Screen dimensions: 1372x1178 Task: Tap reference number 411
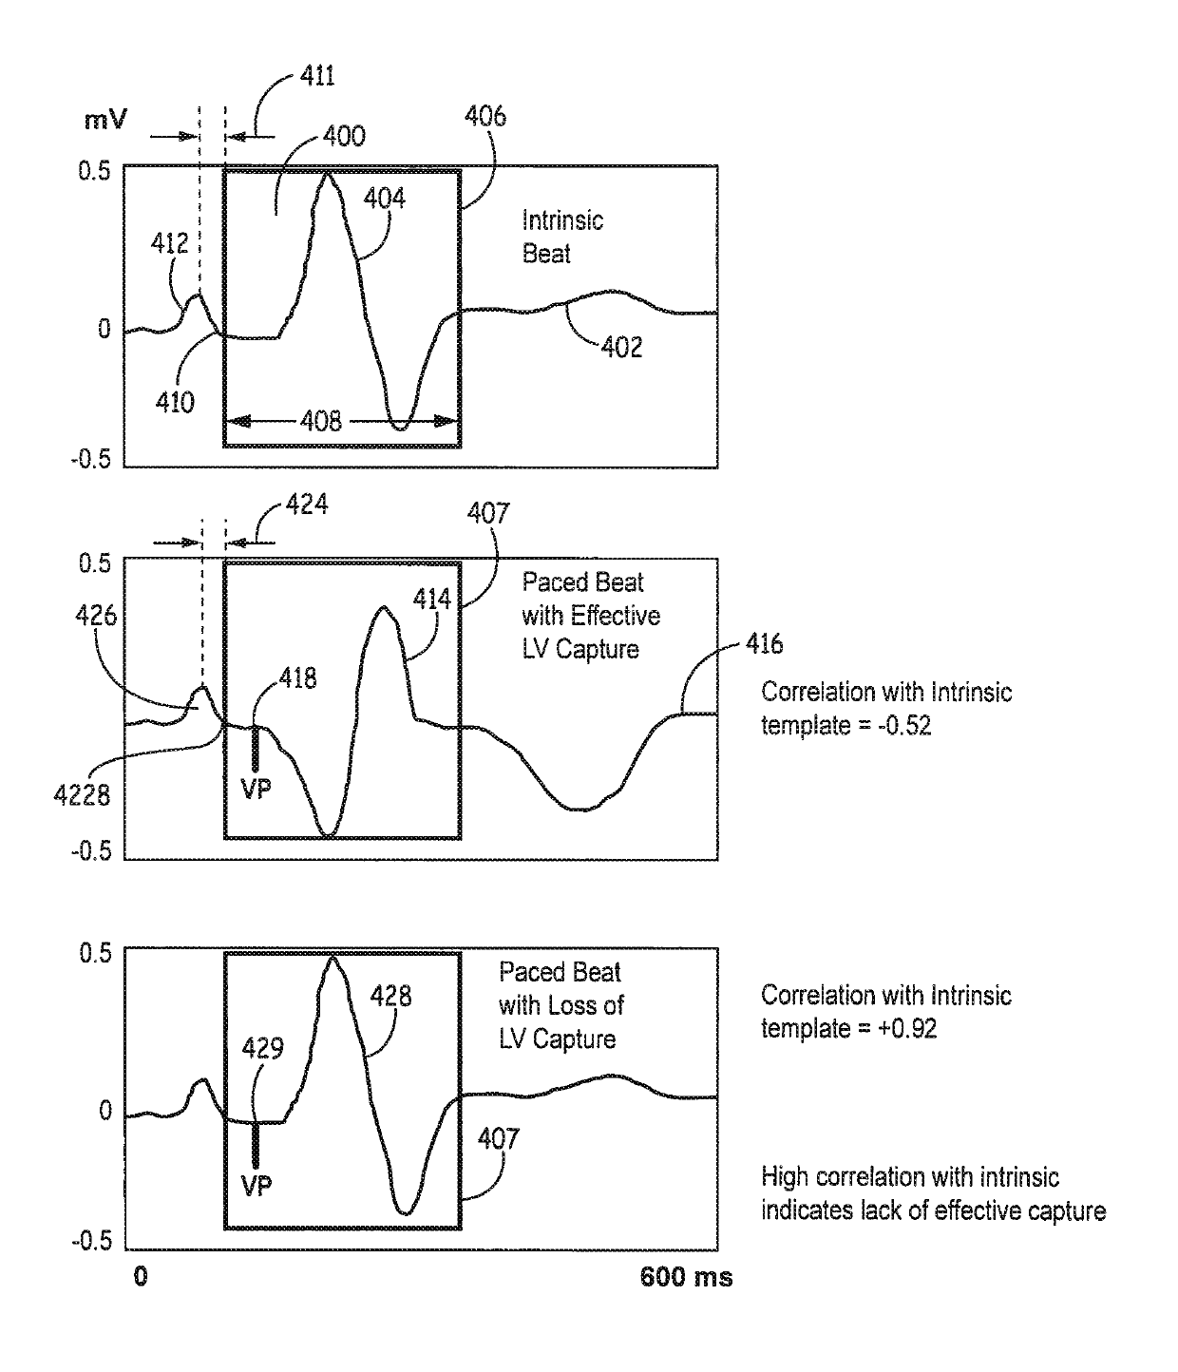pyautogui.click(x=317, y=76)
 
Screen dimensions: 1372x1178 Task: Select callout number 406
pyautogui.click(x=485, y=117)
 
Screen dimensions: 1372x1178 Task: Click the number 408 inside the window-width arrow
pyautogui.click(x=321, y=421)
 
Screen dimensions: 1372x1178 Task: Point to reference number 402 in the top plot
pyautogui.click(x=621, y=348)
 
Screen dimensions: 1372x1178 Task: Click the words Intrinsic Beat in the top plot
pyautogui.click(x=561, y=238)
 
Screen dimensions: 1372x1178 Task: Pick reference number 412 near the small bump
pyautogui.click(x=170, y=245)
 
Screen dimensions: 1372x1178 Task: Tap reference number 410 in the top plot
pyautogui.click(x=175, y=403)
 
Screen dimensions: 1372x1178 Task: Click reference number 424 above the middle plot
pyautogui.click(x=308, y=505)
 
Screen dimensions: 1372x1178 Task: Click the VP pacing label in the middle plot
pyautogui.click(x=256, y=789)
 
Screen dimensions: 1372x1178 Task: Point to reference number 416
pyautogui.click(x=764, y=645)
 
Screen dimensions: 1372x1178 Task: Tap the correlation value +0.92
pyautogui.click(x=903, y=1029)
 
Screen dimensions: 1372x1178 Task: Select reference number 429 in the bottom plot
pyautogui.click(x=263, y=1049)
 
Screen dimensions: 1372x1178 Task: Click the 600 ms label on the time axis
pyautogui.click(x=686, y=1277)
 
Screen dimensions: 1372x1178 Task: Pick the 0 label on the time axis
pyautogui.click(x=141, y=1277)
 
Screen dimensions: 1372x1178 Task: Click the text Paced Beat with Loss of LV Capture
pyautogui.click(x=561, y=1005)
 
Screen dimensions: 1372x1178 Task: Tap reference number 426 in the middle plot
pyautogui.click(x=96, y=616)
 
